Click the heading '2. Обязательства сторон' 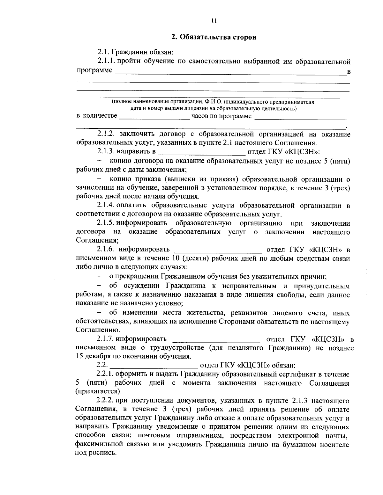click(x=214, y=37)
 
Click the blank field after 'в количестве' click(x=154, y=117)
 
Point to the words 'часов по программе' click(x=221, y=116)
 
